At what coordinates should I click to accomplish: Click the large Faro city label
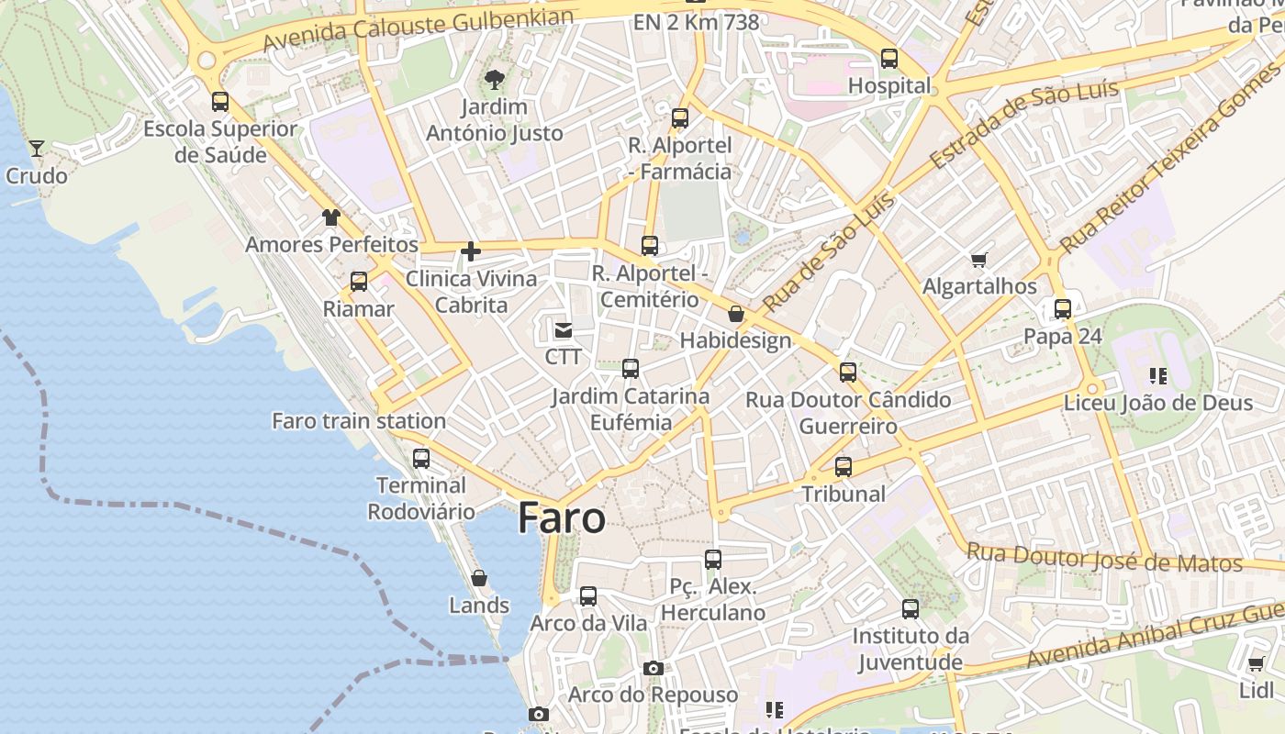click(x=562, y=518)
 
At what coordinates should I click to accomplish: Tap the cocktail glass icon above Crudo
click(x=37, y=148)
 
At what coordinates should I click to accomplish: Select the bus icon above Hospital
click(x=889, y=59)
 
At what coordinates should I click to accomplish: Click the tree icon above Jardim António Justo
click(x=495, y=80)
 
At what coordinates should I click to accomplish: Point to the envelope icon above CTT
click(x=563, y=329)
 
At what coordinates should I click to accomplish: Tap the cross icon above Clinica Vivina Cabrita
click(x=471, y=251)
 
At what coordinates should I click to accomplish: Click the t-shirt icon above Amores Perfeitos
click(x=331, y=217)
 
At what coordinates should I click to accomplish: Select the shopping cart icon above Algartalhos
click(x=979, y=261)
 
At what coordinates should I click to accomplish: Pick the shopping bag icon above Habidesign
click(x=736, y=315)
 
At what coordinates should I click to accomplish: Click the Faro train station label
click(x=359, y=421)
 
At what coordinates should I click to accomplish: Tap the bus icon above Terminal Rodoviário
click(x=421, y=458)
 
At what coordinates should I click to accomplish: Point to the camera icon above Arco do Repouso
click(x=653, y=668)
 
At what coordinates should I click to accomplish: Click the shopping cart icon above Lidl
click(x=1256, y=663)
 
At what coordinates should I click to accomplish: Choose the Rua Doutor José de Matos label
click(x=1104, y=558)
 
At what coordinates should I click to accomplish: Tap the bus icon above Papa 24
click(x=1063, y=309)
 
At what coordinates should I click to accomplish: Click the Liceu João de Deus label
click(x=1158, y=403)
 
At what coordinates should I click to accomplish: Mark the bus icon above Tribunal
click(x=844, y=467)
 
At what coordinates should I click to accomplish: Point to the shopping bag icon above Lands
click(x=479, y=578)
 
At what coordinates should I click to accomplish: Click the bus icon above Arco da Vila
click(x=588, y=596)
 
